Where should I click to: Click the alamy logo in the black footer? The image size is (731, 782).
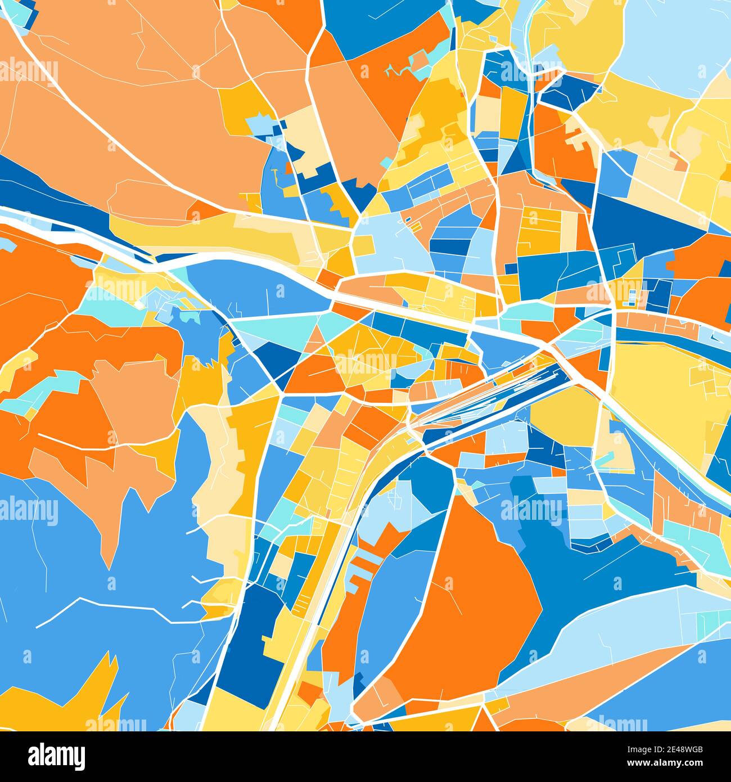click(56, 756)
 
